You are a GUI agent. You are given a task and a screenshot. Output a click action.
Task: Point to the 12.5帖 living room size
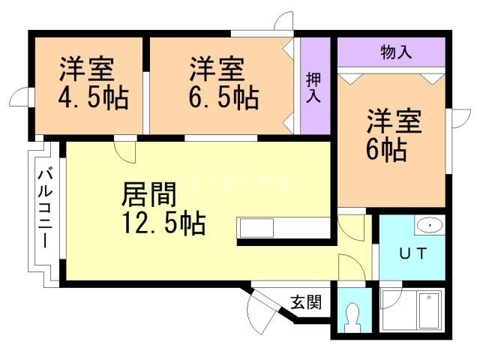163,223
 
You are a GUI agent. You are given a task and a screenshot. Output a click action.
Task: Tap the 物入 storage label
396,52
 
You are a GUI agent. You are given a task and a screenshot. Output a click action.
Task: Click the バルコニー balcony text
44,211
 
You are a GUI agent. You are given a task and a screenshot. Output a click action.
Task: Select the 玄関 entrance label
306,303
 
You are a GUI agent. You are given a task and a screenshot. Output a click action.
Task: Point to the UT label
412,253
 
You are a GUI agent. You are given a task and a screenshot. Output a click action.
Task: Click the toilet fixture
349,317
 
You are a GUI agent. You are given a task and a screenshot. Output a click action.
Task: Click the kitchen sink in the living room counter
256,227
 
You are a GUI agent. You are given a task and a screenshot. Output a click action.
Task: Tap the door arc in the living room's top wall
126,151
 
